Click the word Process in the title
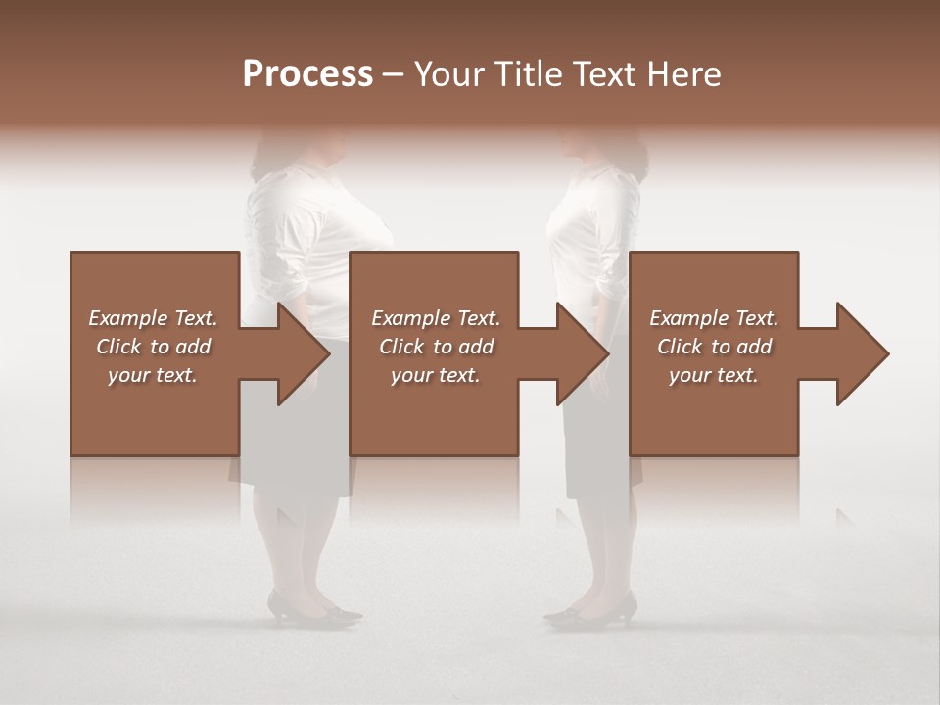tap(307, 73)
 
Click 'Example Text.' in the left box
tap(153, 318)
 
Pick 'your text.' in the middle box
tap(435, 375)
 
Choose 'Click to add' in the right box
tap(714, 347)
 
